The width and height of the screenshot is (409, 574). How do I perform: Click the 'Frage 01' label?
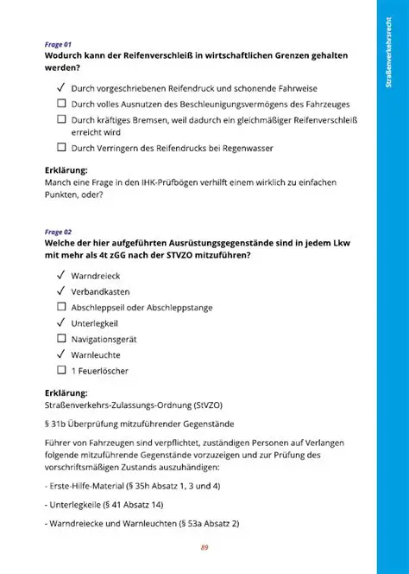(x=58, y=43)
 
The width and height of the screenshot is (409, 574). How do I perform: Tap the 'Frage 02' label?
(x=58, y=232)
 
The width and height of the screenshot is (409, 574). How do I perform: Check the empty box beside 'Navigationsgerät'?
(x=61, y=339)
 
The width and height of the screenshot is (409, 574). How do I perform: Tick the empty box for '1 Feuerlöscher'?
(x=61, y=370)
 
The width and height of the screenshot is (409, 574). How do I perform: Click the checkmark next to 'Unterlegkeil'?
(x=61, y=322)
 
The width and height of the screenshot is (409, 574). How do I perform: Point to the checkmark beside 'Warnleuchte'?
(x=61, y=354)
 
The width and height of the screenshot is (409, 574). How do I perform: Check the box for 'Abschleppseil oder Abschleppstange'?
(x=61, y=307)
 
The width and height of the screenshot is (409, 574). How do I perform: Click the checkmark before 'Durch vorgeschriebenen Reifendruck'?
(x=61, y=87)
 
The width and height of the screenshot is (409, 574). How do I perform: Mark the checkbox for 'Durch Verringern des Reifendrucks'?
(x=61, y=148)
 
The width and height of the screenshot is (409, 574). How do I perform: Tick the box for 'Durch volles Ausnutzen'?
(x=61, y=103)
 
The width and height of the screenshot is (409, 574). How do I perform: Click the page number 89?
(x=204, y=547)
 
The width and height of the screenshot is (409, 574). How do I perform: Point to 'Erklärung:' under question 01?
(x=66, y=170)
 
